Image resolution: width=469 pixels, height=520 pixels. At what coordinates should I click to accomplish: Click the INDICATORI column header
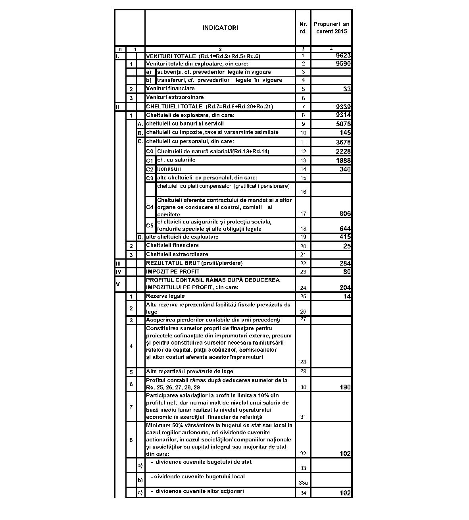click(x=220, y=28)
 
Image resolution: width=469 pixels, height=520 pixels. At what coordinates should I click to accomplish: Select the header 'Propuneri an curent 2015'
click(x=331, y=28)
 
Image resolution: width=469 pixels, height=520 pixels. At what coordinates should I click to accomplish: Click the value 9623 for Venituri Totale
click(x=343, y=56)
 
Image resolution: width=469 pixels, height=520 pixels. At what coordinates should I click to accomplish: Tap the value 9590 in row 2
click(x=343, y=64)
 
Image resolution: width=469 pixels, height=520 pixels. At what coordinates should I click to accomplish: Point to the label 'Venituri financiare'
click(x=170, y=89)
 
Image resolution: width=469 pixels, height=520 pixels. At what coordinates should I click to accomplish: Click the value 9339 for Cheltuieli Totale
click(x=343, y=107)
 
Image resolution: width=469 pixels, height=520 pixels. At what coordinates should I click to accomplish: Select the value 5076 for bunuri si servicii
click(x=343, y=124)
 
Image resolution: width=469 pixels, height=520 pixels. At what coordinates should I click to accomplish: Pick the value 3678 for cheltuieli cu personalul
click(x=343, y=142)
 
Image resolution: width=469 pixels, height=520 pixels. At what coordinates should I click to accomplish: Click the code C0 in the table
click(x=150, y=151)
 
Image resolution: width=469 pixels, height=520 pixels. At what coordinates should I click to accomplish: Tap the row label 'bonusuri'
click(x=169, y=169)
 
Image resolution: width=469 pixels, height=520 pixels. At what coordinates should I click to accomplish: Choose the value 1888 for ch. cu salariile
click(x=343, y=160)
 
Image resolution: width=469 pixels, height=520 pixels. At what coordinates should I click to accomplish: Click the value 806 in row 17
click(x=345, y=214)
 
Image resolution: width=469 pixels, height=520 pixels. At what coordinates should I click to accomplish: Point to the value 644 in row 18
click(x=345, y=229)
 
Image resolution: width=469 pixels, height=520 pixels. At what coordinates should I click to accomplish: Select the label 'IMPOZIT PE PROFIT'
click(x=173, y=272)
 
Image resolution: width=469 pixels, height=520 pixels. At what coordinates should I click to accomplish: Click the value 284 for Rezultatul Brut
click(x=345, y=263)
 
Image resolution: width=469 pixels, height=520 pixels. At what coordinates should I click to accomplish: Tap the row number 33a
click(x=303, y=483)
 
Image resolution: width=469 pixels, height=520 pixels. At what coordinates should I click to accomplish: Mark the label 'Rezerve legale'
click(x=165, y=296)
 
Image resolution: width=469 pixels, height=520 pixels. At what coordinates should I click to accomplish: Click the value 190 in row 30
click(x=345, y=387)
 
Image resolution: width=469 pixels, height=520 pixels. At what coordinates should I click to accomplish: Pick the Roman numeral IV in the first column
click(x=118, y=272)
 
